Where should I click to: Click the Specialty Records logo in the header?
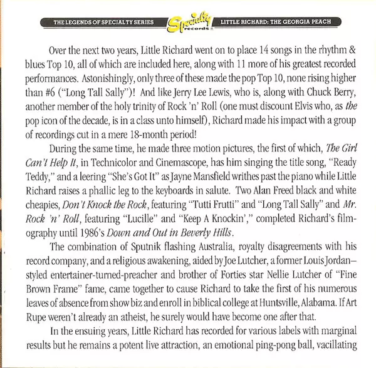pyautogui.click(x=188, y=24)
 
